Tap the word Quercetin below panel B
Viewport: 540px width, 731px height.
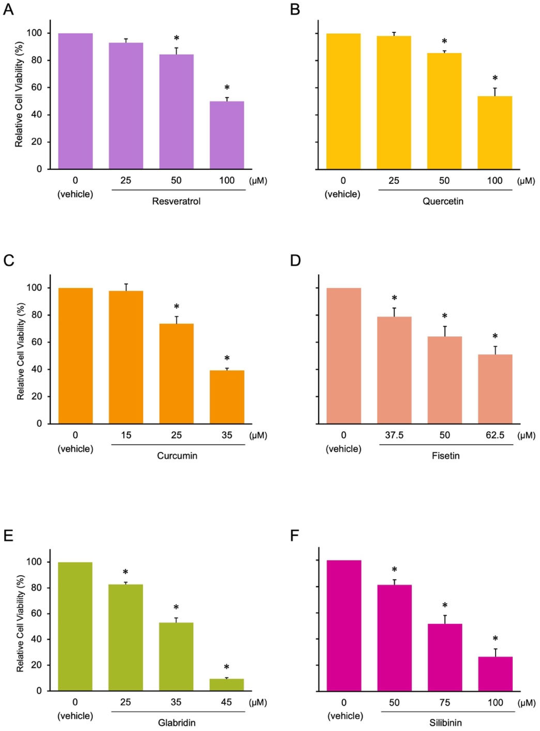[x=443, y=201]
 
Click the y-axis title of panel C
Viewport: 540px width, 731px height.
[x=21, y=355]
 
